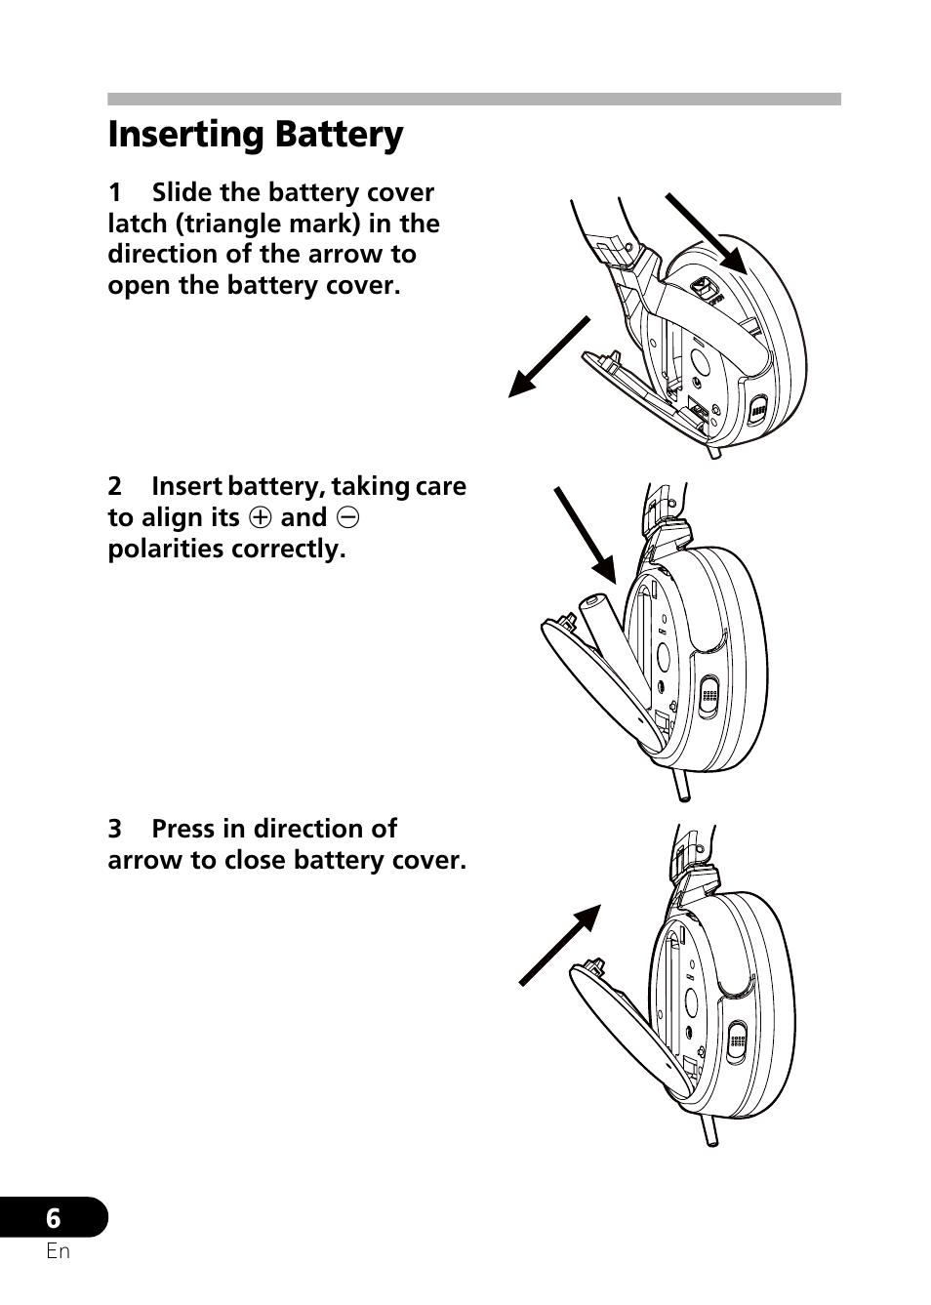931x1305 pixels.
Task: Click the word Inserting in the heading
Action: [185, 136]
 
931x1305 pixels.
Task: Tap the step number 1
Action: [115, 193]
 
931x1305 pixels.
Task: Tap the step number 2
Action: [115, 486]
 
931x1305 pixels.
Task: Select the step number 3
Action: [115, 829]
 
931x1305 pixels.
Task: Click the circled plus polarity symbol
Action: [260, 517]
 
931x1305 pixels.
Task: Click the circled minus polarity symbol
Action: [348, 517]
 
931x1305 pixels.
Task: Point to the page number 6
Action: [54, 1218]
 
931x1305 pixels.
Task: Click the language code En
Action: [58, 1251]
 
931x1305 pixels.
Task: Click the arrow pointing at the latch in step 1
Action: [706, 232]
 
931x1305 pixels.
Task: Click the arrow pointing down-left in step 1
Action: [549, 356]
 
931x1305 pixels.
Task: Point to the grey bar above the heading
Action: [473, 99]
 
